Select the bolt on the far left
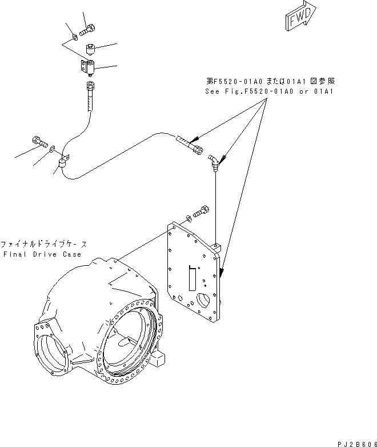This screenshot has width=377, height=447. (38, 141)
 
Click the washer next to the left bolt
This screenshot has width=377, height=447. (52, 150)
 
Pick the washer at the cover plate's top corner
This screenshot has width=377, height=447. (189, 219)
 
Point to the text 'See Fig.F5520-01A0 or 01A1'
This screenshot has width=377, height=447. (269, 91)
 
